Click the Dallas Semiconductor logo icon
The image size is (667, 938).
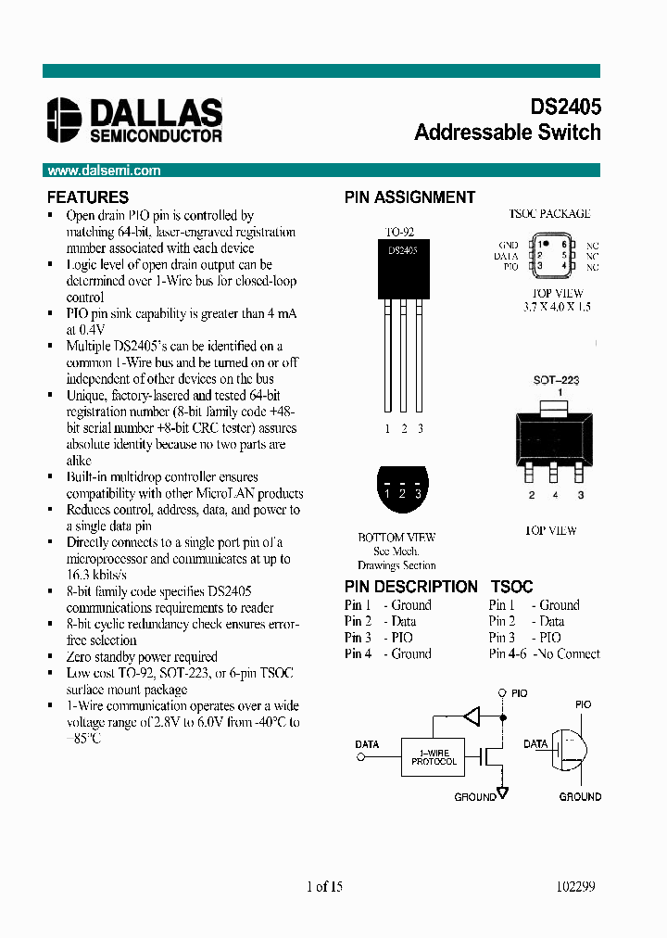65,120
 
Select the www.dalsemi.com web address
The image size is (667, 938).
104,171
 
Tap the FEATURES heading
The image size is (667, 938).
88,197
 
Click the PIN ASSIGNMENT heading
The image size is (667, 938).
409,197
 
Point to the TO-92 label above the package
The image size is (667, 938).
399,232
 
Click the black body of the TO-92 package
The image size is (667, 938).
403,269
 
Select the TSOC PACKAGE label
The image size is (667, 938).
549,214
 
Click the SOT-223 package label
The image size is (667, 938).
556,380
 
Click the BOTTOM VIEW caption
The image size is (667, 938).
396,538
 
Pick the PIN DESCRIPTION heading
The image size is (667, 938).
411,587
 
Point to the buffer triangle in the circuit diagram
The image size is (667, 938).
472,716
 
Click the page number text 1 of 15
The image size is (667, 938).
324,887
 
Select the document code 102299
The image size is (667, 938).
575,887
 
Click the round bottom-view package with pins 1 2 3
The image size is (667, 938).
402,488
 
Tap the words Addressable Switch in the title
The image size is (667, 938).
508,133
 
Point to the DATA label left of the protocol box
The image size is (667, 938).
368,743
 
